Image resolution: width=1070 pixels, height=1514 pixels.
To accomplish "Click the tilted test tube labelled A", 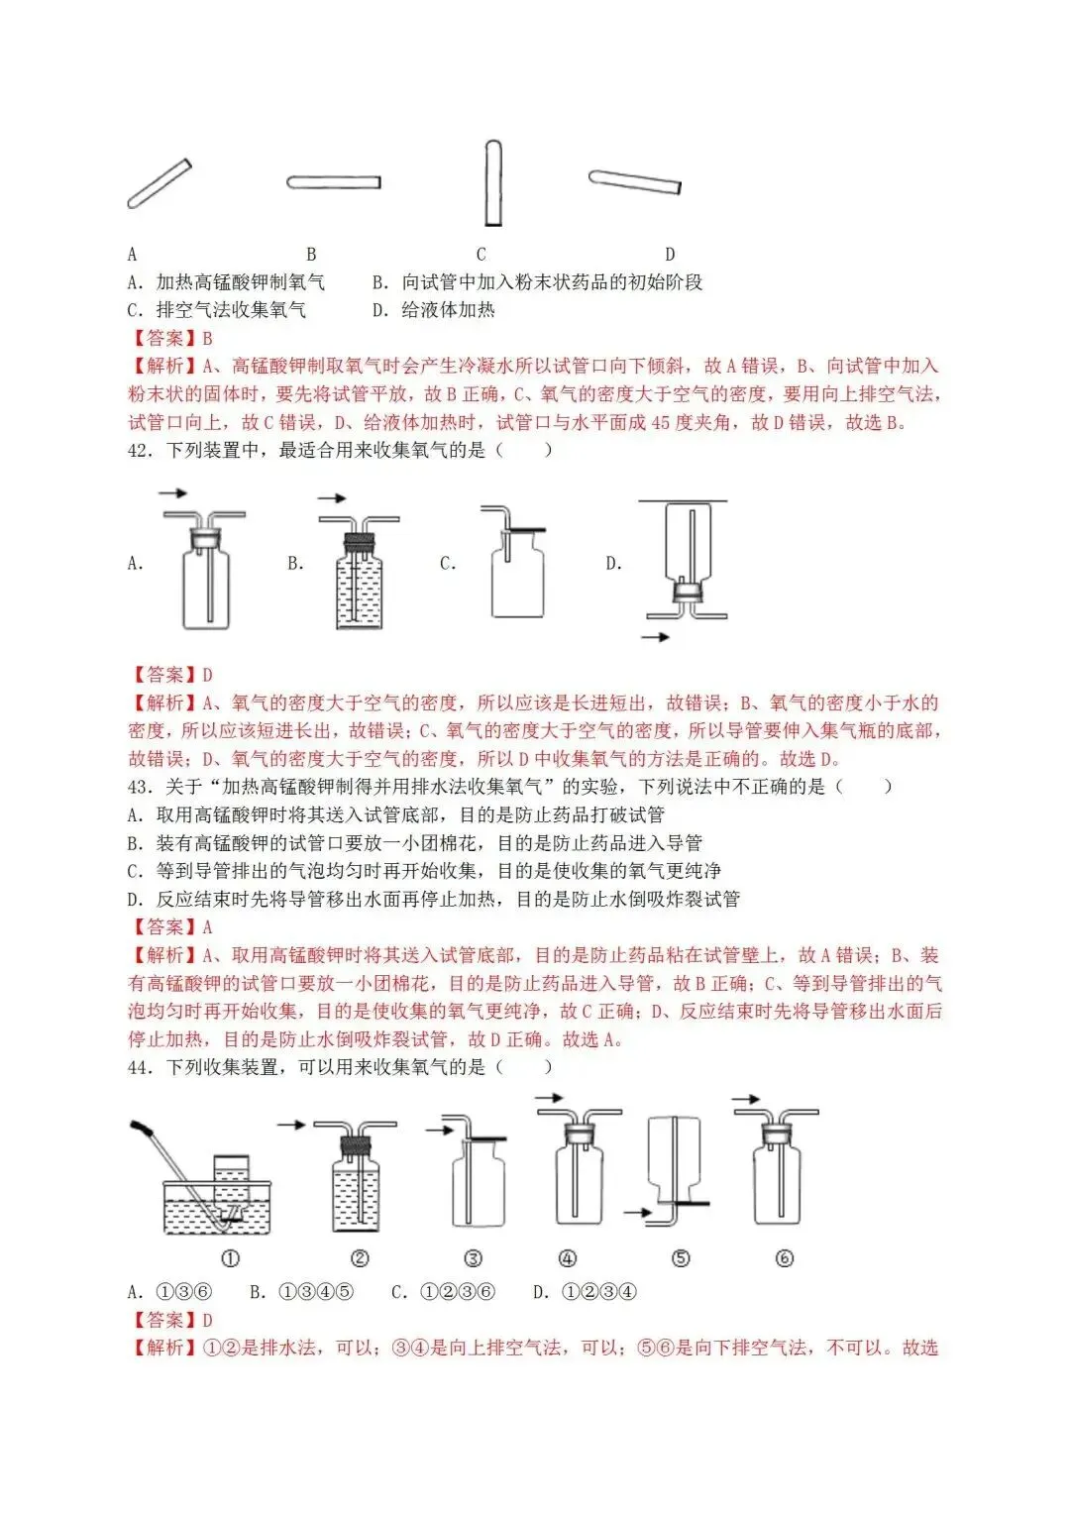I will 160,184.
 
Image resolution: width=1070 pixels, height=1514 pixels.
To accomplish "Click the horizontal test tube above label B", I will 334,182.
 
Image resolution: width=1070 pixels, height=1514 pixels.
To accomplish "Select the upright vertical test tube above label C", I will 492,183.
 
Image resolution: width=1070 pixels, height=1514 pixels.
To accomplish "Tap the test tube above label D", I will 634,181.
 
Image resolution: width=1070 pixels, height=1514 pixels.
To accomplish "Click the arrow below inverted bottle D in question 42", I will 655,637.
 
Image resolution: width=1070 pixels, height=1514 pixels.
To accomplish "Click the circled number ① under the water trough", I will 230,1259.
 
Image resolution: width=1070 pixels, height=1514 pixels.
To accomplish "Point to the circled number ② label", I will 361,1259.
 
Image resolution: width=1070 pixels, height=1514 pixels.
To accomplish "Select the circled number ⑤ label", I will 681,1259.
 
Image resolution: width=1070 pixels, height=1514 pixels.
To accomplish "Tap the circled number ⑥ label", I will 785,1259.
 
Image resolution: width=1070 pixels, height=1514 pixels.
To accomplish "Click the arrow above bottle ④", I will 549,1098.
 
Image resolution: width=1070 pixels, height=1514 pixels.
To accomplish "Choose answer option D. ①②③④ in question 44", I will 585,1292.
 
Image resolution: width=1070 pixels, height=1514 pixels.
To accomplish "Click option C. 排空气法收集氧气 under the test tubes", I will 217,310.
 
